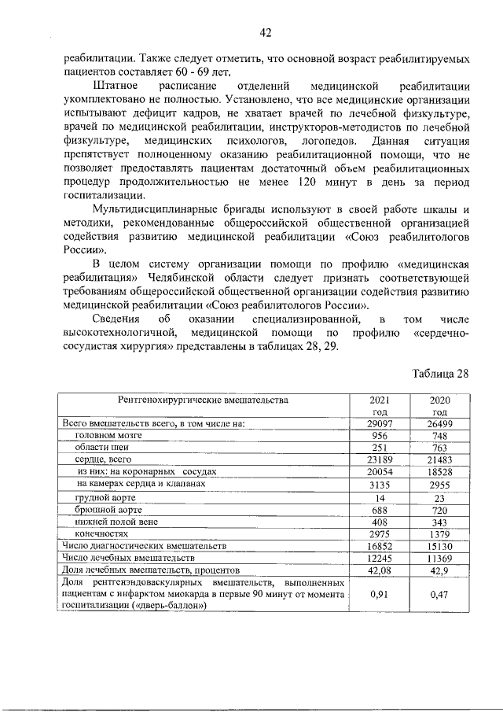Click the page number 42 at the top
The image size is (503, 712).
(265, 32)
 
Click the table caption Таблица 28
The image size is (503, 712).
(440, 373)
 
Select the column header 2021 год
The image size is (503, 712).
(380, 406)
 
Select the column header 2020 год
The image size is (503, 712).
(439, 406)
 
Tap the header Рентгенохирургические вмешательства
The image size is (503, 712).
(204, 400)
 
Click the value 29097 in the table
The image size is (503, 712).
(380, 423)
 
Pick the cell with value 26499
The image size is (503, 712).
(439, 423)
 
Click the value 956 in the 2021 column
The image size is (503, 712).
(380, 435)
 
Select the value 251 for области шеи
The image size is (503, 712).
(380, 447)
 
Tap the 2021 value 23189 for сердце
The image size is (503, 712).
(380, 459)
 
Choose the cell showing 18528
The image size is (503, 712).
(439, 470)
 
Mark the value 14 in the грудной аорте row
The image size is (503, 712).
(380, 498)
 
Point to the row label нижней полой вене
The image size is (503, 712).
(114, 521)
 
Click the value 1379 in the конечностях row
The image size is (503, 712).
(439, 534)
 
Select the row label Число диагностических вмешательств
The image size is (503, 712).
(145, 545)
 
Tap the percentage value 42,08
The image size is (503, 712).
(380, 570)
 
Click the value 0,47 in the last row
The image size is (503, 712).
(439, 596)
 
